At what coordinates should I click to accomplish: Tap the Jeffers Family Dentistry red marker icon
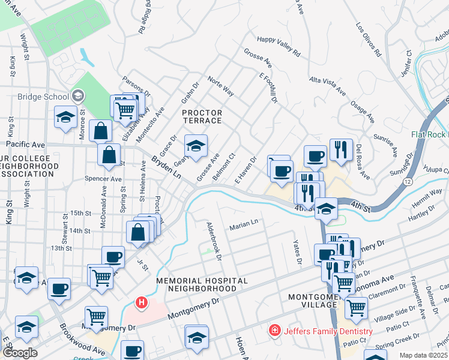274,331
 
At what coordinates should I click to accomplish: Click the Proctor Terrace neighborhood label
202,116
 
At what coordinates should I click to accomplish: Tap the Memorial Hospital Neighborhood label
201,284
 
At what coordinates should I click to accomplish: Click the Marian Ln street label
243,224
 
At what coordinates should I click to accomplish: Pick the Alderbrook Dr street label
214,242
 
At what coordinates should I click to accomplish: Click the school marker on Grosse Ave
195,146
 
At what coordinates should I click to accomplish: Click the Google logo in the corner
20,353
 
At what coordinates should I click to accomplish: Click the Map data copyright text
424,355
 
